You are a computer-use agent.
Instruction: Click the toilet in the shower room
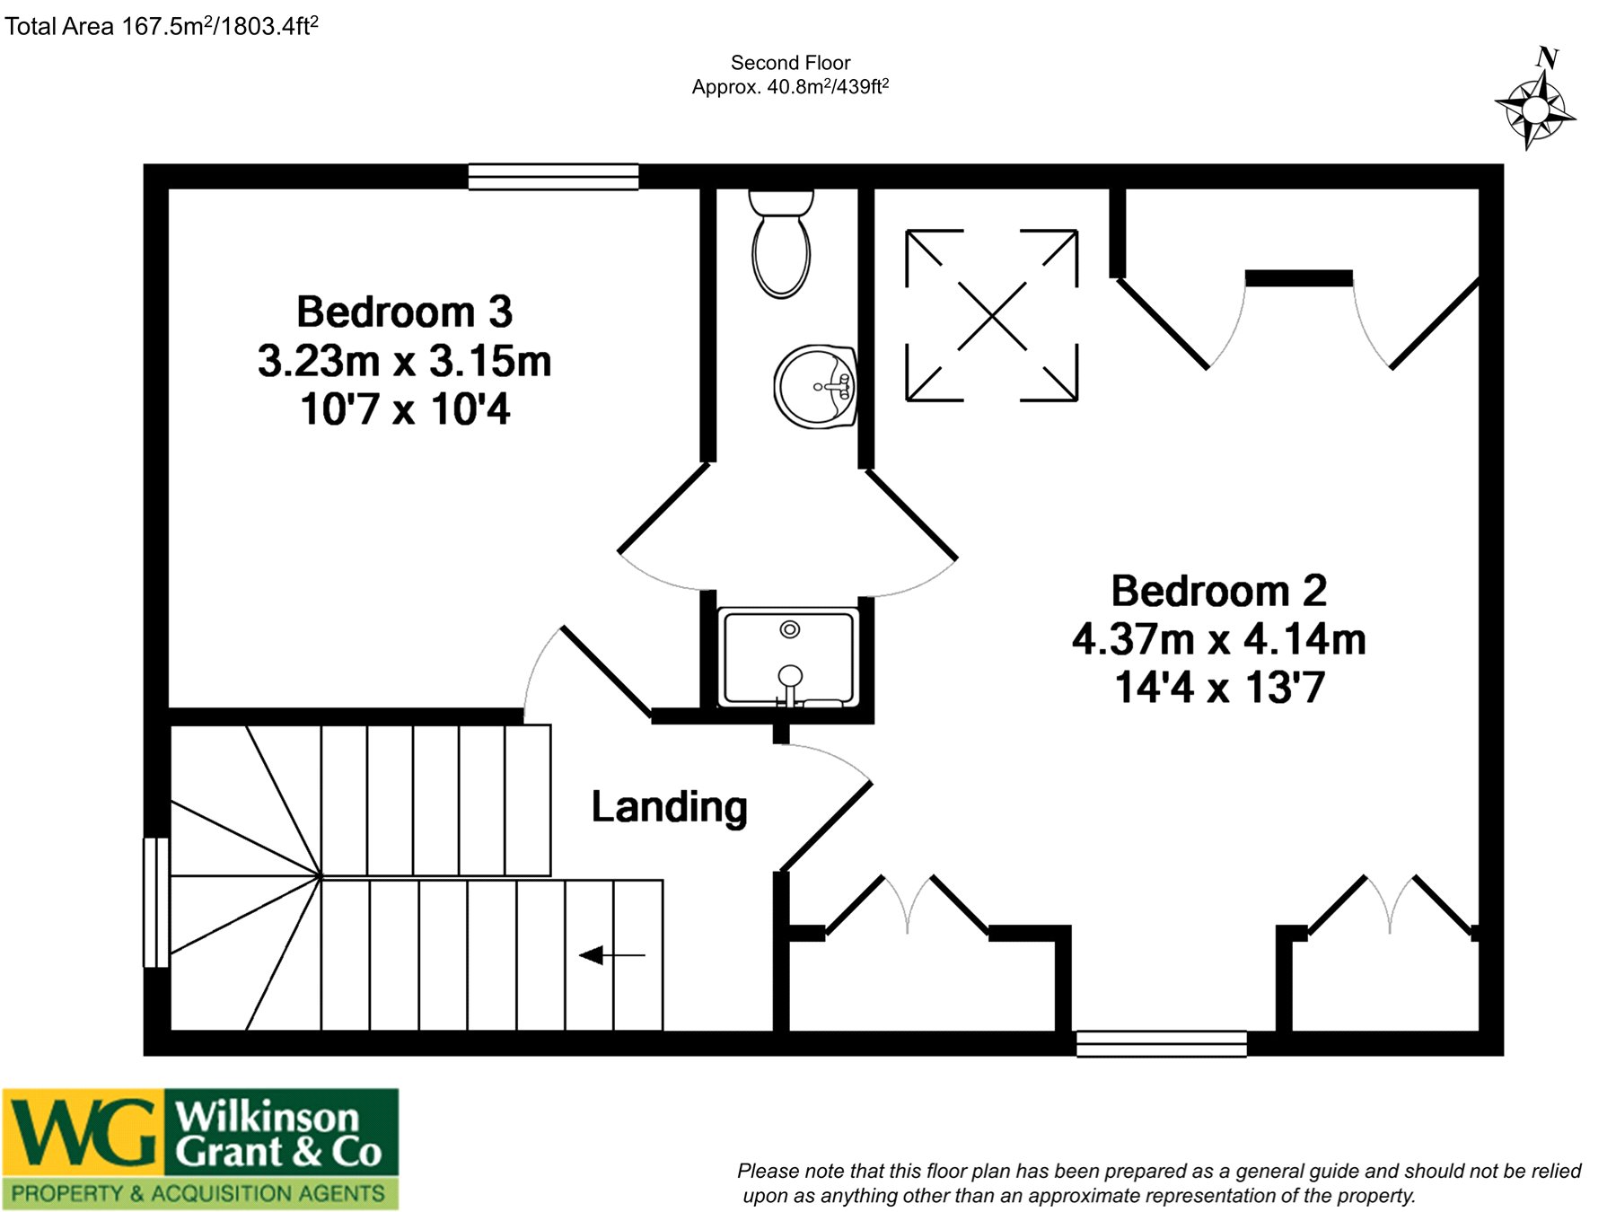pyautogui.click(x=781, y=242)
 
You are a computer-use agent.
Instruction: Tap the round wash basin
pyautogui.click(x=815, y=387)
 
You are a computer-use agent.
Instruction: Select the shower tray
pyautogui.click(x=789, y=658)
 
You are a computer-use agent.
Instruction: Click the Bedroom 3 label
pyautogui.click(x=404, y=312)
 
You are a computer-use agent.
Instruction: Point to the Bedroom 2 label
pyautogui.click(x=1218, y=591)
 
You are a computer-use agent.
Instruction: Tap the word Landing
pyautogui.click(x=669, y=807)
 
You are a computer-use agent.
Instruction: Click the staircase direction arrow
pyautogui.click(x=611, y=955)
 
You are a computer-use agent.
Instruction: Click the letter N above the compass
pyautogui.click(x=1547, y=57)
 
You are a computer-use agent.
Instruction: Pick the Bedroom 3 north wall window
pyautogui.click(x=553, y=177)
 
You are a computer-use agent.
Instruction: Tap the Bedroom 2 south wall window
pyautogui.click(x=1162, y=1043)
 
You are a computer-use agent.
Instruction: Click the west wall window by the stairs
pyautogui.click(x=156, y=902)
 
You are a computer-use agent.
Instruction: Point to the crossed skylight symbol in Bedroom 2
pyautogui.click(x=992, y=315)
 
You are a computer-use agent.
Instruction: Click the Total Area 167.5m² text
pyautogui.click(x=162, y=26)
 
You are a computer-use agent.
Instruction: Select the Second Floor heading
pyautogui.click(x=790, y=63)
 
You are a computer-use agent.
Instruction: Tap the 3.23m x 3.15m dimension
pyautogui.click(x=404, y=361)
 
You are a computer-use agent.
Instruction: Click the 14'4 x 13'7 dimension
pyautogui.click(x=1219, y=688)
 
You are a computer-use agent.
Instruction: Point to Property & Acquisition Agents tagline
pyautogui.click(x=198, y=1193)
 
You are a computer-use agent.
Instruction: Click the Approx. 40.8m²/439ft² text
pyautogui.click(x=790, y=87)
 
